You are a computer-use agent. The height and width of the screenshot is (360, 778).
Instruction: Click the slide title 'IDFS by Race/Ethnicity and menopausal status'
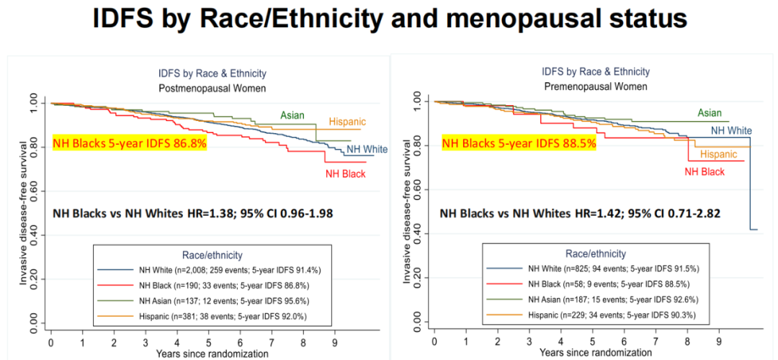(389, 19)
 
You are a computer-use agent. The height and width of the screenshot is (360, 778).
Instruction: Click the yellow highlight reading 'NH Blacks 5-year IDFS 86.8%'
(130, 144)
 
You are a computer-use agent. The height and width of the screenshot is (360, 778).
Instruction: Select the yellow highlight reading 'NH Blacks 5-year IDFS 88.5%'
(519, 143)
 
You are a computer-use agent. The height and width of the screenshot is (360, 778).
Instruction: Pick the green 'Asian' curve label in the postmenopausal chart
(292, 115)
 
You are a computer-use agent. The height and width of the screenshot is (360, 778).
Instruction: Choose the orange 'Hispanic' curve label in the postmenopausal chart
(347, 122)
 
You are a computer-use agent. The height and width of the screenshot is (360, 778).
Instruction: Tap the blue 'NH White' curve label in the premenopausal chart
(731, 130)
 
